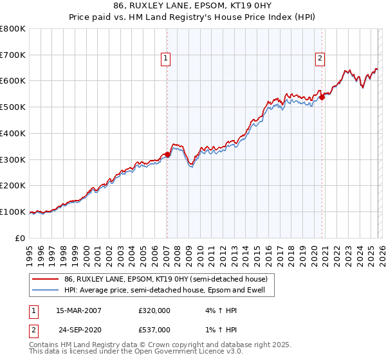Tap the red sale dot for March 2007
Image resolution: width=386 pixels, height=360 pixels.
[167, 154]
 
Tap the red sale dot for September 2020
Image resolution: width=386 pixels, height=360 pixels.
[323, 98]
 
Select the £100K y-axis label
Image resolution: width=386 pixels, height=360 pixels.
[13, 212]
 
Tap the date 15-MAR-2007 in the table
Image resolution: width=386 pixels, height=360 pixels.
[78, 310]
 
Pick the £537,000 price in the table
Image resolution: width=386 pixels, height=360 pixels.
[154, 329]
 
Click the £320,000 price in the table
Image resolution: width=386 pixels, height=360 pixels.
[154, 310]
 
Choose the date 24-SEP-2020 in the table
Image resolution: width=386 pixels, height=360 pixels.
[78, 329]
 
